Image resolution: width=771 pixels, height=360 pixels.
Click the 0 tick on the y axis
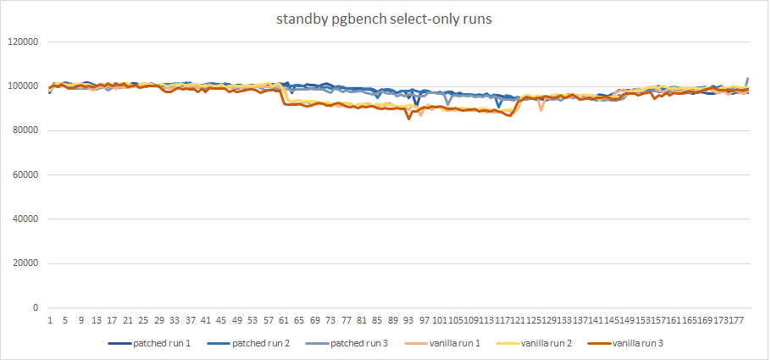(x=36, y=307)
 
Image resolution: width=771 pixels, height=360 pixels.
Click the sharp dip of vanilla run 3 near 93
(x=409, y=119)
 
